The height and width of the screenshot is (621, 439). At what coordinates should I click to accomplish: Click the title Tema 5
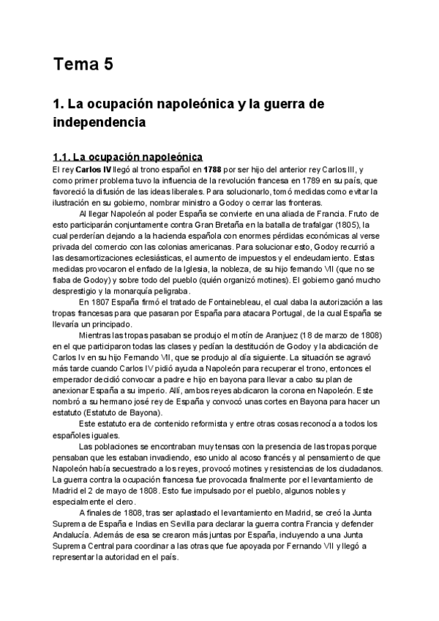coord(83,65)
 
